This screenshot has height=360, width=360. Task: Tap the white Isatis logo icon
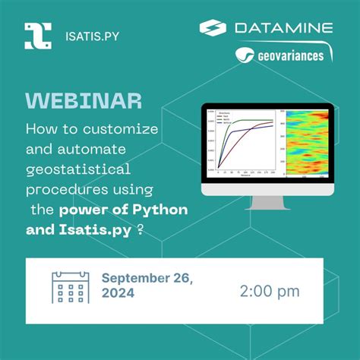[x=38, y=35]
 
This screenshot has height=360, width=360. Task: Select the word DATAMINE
[x=284, y=28]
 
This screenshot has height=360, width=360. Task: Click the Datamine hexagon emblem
[x=213, y=28]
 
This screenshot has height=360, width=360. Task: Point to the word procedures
[x=62, y=188]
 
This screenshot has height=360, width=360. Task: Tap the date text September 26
[x=147, y=279]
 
